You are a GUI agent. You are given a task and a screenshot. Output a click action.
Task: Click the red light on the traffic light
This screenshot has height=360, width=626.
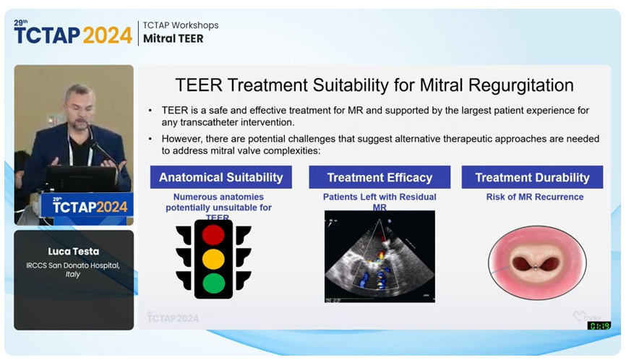click(213, 235)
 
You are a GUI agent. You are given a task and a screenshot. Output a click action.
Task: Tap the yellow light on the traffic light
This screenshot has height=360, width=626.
click(213, 259)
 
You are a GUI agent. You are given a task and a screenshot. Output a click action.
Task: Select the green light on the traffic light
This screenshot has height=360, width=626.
click(213, 283)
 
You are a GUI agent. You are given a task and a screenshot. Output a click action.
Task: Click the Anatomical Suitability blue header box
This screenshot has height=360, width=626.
click(221, 177)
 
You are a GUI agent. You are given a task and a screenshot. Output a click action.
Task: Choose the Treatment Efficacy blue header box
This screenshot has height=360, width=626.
click(380, 177)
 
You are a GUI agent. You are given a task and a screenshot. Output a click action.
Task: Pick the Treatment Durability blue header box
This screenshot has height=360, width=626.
click(532, 177)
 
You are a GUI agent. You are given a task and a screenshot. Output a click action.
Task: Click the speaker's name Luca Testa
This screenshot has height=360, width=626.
click(74, 251)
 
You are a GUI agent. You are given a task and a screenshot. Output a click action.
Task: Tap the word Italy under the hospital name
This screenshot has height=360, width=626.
click(74, 275)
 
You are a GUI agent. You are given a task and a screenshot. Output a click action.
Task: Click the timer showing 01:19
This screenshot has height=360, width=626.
click(599, 326)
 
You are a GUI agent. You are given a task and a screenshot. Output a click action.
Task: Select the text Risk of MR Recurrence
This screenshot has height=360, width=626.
click(534, 197)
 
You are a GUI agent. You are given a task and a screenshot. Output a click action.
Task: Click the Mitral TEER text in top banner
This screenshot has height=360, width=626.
click(173, 39)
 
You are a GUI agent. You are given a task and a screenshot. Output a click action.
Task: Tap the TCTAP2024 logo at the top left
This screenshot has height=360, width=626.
click(72, 33)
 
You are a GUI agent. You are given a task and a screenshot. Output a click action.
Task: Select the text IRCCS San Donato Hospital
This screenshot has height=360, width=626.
click(74, 265)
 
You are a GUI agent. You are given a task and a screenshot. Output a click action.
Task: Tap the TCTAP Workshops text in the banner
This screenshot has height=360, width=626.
click(180, 25)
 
